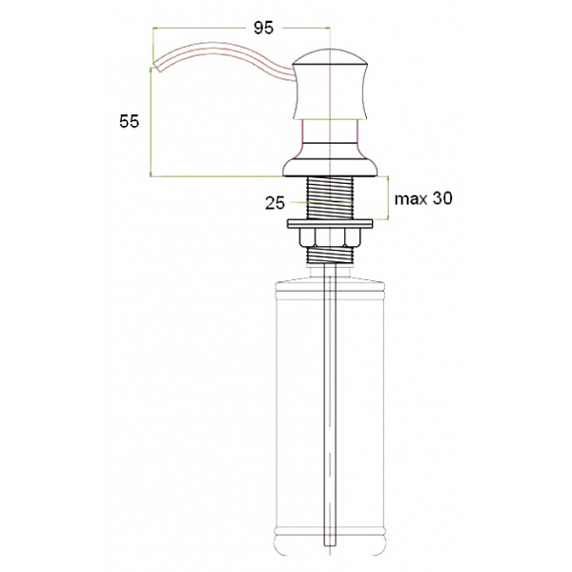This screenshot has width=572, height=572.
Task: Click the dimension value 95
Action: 263,28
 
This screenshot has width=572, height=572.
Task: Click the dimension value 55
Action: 129,121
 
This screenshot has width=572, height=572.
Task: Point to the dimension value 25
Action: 276,202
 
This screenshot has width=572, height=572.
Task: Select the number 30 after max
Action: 440,199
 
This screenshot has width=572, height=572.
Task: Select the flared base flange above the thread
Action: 329,168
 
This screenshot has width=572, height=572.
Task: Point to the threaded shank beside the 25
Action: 329,200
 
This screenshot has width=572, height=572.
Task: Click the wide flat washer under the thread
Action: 329,224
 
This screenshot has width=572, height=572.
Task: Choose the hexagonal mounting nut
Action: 329,237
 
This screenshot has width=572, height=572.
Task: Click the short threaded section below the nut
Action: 329,255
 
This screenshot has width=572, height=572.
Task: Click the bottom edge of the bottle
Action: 329,556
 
